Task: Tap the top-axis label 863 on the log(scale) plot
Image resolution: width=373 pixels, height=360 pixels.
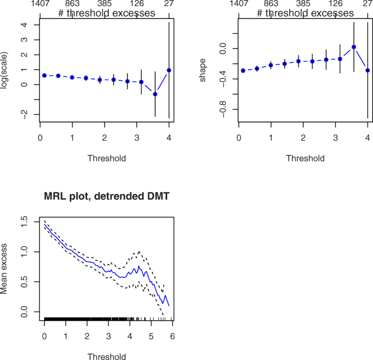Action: click(x=72, y=3)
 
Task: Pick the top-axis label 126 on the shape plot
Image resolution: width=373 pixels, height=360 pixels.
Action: click(x=335, y=3)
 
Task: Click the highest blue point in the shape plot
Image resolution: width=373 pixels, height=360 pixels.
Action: click(x=353, y=47)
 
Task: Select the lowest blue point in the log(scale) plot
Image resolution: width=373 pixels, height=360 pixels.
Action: click(x=155, y=94)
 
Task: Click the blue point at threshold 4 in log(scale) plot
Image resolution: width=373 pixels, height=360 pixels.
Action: click(x=169, y=70)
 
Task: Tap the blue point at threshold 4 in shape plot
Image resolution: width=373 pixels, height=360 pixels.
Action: click(x=368, y=70)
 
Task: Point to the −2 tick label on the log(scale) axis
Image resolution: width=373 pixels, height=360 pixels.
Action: click(x=22, y=114)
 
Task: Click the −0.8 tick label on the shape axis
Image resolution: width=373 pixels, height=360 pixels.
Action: click(x=222, y=109)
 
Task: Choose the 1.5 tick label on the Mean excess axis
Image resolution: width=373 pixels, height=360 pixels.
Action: click(x=24, y=221)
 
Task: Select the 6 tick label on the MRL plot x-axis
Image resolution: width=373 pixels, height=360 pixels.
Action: click(x=173, y=337)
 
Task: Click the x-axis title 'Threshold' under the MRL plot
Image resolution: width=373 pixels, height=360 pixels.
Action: click(x=107, y=357)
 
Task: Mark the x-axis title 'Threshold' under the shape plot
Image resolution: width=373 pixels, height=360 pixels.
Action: click(x=305, y=158)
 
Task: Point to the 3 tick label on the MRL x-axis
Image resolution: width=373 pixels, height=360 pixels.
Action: click(x=108, y=337)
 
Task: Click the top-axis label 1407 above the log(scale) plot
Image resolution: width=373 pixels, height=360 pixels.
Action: click(x=41, y=3)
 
